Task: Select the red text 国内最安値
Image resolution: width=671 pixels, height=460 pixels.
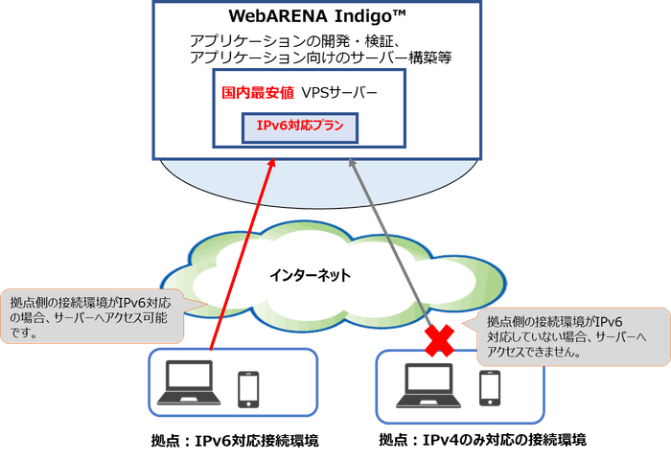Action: click(255, 94)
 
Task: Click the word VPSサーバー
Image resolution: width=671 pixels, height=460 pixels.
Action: click(339, 94)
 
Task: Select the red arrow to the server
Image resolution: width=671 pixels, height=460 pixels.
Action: click(241, 259)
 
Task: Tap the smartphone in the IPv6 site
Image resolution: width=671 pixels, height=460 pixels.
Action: click(247, 388)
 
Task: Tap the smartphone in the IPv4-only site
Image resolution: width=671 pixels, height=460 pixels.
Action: click(489, 387)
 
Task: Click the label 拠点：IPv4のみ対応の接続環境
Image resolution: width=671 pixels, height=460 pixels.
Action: click(481, 440)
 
